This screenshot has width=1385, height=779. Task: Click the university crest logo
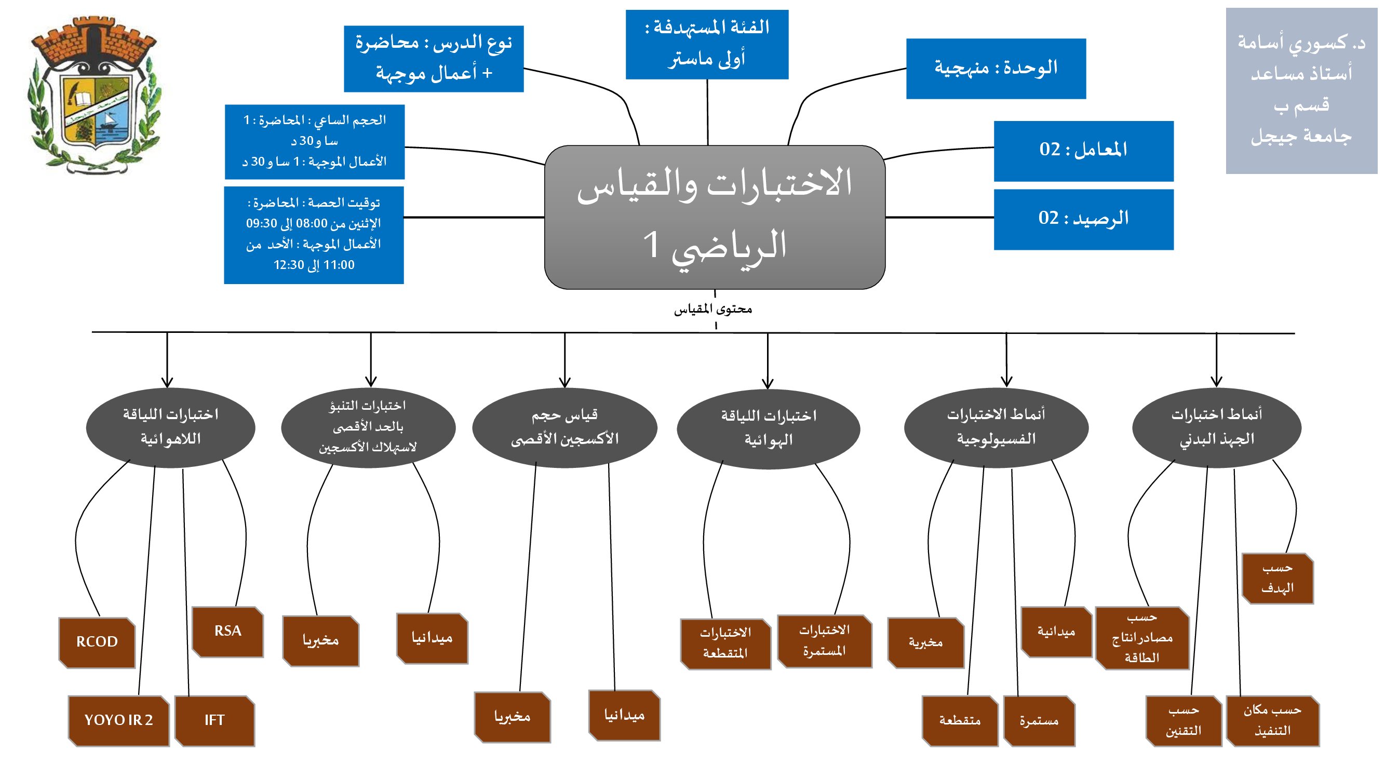click(x=94, y=96)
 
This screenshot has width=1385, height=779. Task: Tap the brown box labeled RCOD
click(x=97, y=642)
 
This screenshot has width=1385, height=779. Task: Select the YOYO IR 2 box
click(x=119, y=720)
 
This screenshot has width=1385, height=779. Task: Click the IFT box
click(x=214, y=720)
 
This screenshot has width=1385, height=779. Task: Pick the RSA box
click(x=228, y=632)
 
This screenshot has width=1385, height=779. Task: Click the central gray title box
click(x=715, y=217)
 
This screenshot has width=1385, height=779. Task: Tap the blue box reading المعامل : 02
click(x=1083, y=151)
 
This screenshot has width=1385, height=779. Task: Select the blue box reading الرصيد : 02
click(x=1083, y=219)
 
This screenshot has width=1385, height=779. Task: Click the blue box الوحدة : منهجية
click(x=996, y=68)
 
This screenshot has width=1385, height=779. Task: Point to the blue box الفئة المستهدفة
click(x=707, y=44)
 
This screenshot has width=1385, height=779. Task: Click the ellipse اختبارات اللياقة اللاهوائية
click(x=170, y=427)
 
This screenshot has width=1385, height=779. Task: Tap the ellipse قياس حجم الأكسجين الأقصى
click(x=564, y=427)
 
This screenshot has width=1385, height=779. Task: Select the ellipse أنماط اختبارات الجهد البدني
click(x=1217, y=427)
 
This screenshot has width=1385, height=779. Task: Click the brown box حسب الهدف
click(x=1278, y=579)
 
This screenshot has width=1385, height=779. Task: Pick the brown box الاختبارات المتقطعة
click(x=725, y=643)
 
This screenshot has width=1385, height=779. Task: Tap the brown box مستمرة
click(x=1039, y=721)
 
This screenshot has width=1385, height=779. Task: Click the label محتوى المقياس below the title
click(x=713, y=309)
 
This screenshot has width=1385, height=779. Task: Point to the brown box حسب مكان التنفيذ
click(x=1273, y=721)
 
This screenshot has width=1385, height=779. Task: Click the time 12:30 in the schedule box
click(x=289, y=265)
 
